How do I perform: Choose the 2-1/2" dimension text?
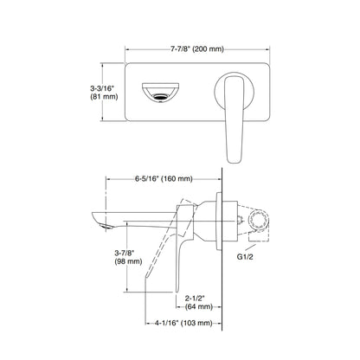197,297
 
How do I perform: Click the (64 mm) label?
197,306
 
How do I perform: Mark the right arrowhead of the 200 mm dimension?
270,49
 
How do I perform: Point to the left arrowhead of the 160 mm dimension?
108,180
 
